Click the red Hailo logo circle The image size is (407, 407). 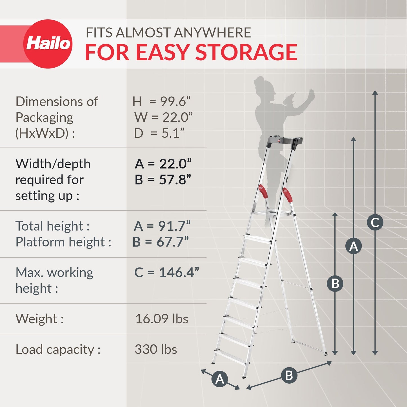pyautogui.click(x=48, y=44)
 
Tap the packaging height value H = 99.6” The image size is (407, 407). pyautogui.click(x=161, y=102)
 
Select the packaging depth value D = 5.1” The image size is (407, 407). pyautogui.click(x=159, y=133)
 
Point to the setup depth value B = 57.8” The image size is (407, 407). pyautogui.click(x=163, y=180)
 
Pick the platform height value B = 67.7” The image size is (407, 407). pyautogui.click(x=161, y=242)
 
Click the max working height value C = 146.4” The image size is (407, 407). pyautogui.click(x=166, y=272)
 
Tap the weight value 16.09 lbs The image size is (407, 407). pyautogui.click(x=162, y=319)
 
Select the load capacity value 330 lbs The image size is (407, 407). pyautogui.click(x=156, y=349)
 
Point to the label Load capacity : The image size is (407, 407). pyautogui.click(x=58, y=350)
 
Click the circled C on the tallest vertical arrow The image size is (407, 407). pyautogui.click(x=375, y=223)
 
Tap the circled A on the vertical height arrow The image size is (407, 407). pyautogui.click(x=353, y=246)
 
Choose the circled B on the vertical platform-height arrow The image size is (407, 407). pyautogui.click(x=335, y=283)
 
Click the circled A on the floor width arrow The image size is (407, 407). pyautogui.click(x=220, y=379)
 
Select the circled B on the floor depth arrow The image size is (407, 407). pyautogui.click(x=289, y=375)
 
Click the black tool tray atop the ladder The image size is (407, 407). pyautogui.click(x=284, y=141)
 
